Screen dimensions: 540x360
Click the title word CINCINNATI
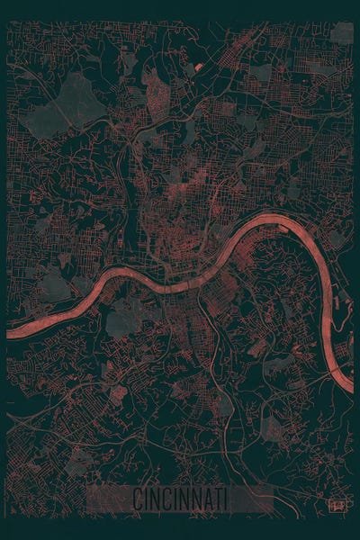click(180, 498)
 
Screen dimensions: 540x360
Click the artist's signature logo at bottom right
click(338, 505)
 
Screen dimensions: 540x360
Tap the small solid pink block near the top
click(198, 66)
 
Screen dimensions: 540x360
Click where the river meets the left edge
click(9, 332)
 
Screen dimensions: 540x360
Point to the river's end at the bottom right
click(350, 387)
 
